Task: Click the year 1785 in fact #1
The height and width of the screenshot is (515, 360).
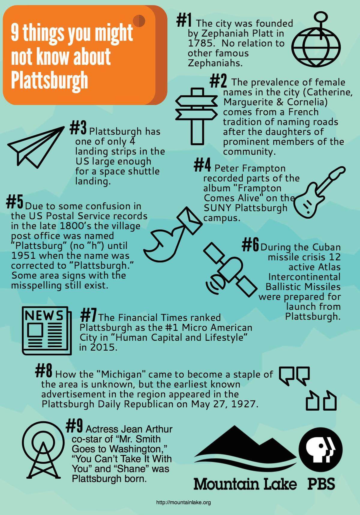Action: tap(200, 43)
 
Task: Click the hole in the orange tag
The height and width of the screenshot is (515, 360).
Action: tap(139, 21)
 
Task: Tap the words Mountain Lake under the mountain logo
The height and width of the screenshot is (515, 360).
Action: tap(245, 484)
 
